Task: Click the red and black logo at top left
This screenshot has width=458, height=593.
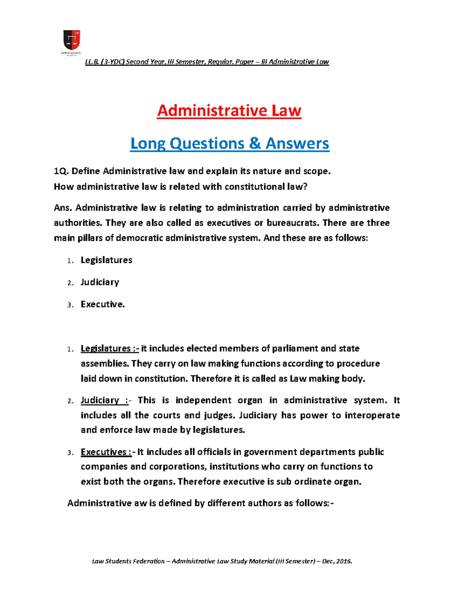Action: click(71, 41)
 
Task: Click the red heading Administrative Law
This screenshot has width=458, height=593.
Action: click(229, 111)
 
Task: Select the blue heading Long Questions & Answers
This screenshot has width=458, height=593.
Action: click(229, 144)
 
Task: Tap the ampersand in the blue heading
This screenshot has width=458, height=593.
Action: click(255, 144)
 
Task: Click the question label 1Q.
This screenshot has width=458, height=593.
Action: click(61, 171)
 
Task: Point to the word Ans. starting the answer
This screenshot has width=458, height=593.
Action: click(63, 208)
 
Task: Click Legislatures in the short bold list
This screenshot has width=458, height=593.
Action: click(106, 260)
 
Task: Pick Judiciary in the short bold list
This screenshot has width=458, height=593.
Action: click(100, 282)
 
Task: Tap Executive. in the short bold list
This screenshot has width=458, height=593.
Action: click(103, 304)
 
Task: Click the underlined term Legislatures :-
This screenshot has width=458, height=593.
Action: click(110, 348)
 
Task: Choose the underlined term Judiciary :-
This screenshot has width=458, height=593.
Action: click(105, 400)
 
